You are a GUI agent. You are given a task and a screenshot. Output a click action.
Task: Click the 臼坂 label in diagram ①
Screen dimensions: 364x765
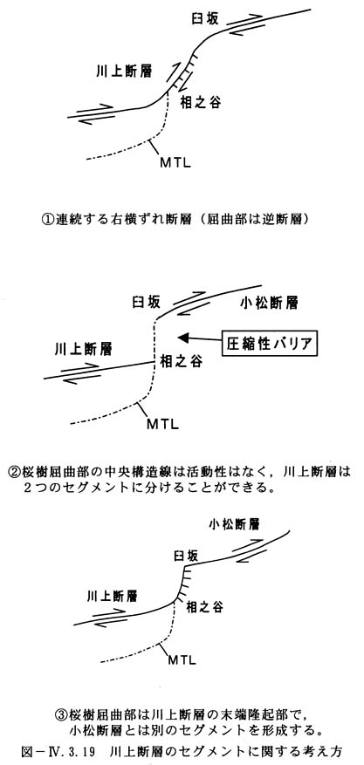[204, 19]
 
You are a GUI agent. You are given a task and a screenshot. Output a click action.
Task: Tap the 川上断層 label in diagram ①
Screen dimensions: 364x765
[123, 72]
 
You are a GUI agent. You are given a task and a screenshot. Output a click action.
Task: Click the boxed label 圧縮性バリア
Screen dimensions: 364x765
[270, 344]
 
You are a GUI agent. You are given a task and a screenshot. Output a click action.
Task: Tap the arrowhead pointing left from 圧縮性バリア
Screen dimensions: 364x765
[183, 337]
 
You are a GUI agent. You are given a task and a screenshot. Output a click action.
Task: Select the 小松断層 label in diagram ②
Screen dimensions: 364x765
[269, 303]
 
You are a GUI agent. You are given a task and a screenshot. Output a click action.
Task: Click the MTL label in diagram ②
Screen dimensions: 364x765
[163, 423]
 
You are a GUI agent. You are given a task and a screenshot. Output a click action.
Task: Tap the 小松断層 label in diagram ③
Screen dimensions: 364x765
[233, 525]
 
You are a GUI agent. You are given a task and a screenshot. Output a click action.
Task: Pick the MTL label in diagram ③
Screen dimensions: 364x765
[182, 660]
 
